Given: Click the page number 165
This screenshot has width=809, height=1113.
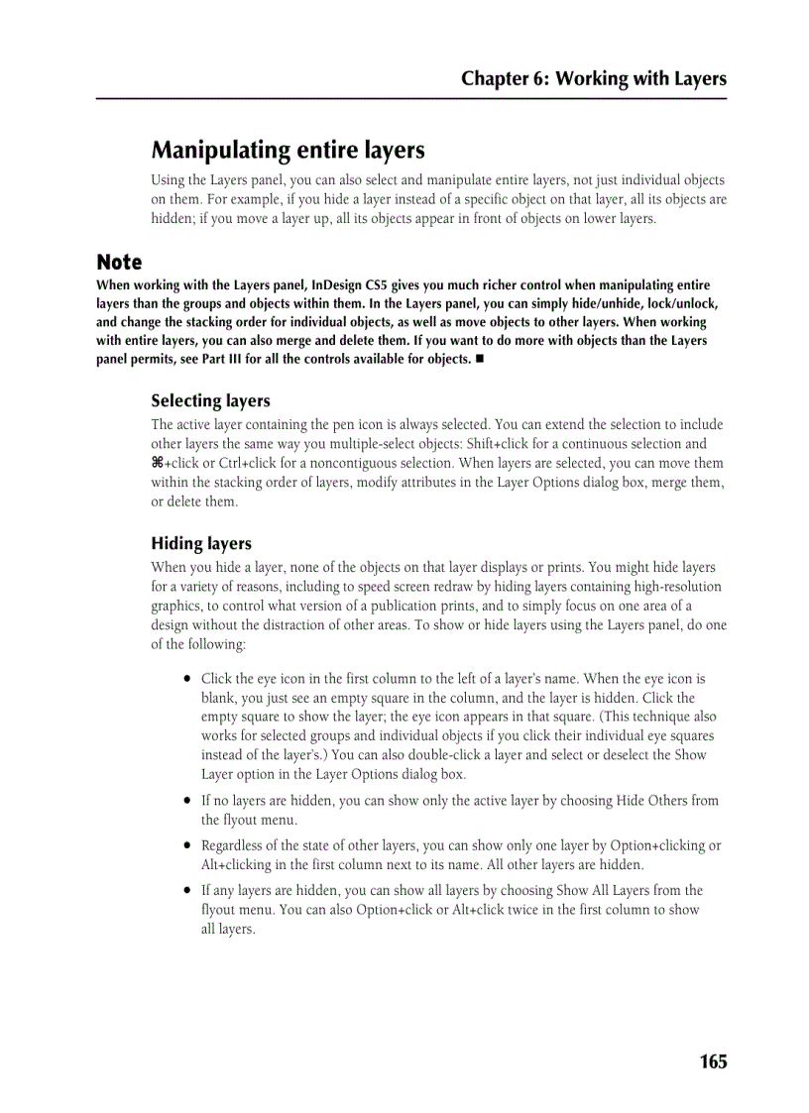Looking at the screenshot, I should point(713,1061).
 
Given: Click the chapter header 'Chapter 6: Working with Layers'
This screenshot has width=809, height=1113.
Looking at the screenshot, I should point(593,79).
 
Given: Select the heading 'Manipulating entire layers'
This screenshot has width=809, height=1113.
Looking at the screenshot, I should point(288,151).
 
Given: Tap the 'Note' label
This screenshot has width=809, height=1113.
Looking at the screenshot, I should point(119,263).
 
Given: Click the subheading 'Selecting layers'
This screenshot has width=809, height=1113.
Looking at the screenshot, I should point(210,401).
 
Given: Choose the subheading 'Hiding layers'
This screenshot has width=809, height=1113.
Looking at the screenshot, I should point(201,544).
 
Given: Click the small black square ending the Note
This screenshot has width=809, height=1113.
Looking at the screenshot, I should point(479,359).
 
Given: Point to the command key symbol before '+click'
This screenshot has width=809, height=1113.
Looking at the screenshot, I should point(157,464).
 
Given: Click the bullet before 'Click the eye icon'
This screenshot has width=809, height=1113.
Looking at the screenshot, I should point(186,680).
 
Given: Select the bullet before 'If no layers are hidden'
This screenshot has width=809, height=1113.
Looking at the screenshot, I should point(186,801).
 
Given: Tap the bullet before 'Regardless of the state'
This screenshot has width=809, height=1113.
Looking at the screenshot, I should point(186,846).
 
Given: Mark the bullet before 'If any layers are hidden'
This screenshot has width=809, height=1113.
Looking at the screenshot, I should point(186,891).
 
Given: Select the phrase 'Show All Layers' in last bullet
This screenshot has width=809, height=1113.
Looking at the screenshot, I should point(606,891).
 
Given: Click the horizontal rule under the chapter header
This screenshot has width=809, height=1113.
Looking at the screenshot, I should point(411,98).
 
